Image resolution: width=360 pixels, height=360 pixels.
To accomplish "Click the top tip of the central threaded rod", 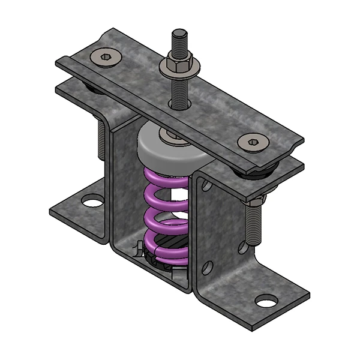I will (178, 32).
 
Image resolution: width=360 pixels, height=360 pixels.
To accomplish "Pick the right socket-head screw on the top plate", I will (251, 142).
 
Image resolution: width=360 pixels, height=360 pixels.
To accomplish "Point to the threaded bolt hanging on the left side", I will (101, 145).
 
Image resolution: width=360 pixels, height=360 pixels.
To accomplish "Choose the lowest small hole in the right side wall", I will (208, 268).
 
